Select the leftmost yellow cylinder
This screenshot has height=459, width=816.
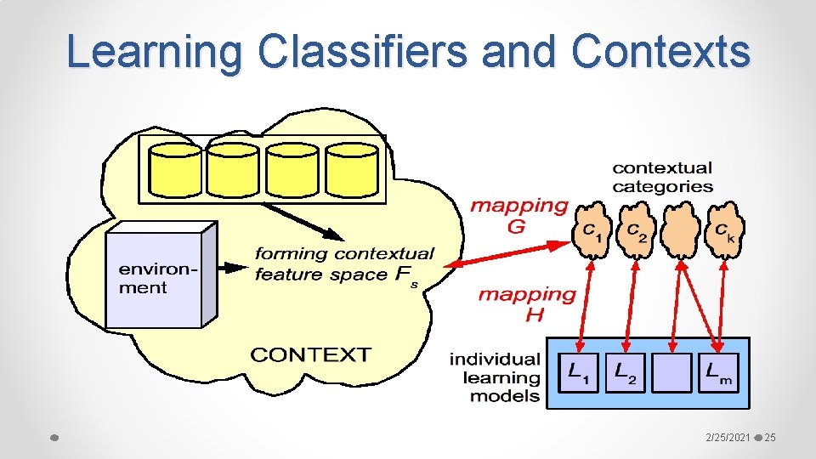coord(175,169)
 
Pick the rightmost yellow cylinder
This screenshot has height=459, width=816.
coord(351,169)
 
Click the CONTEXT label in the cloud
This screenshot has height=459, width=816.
coord(310,354)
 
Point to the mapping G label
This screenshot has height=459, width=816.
coord(518,215)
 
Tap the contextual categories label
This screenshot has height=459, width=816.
coord(662,177)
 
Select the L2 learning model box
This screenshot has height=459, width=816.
coord(626,372)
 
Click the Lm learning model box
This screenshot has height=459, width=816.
coord(718,372)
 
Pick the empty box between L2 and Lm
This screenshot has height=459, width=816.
coord(671,372)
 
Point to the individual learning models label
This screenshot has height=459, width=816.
coord(495,377)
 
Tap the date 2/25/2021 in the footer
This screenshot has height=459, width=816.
coord(728,437)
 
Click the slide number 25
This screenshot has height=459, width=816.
coord(770,437)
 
